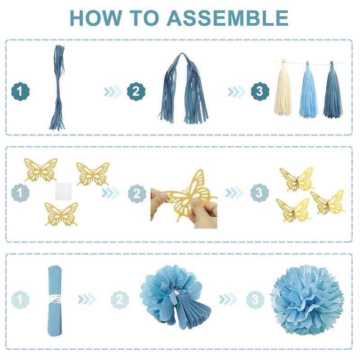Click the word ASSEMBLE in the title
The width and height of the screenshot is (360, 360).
click(228, 18)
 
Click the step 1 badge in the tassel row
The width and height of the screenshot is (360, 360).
click(20, 91)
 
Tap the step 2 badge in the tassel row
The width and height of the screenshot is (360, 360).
click(136, 91)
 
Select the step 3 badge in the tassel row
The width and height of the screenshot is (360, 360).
click(260, 91)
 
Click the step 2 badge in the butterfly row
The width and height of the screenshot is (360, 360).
click(137, 193)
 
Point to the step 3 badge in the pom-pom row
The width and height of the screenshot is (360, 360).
click(255, 300)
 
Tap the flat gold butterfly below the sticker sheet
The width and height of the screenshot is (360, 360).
click(61, 214)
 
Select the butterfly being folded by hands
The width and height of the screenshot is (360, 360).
click(190, 195)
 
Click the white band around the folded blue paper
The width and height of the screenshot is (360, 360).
click(55, 298)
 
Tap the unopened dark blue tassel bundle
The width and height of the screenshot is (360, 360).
click(58, 87)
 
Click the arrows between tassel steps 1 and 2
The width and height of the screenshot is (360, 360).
click(112, 92)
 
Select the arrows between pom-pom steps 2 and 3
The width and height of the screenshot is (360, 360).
click(228, 299)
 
